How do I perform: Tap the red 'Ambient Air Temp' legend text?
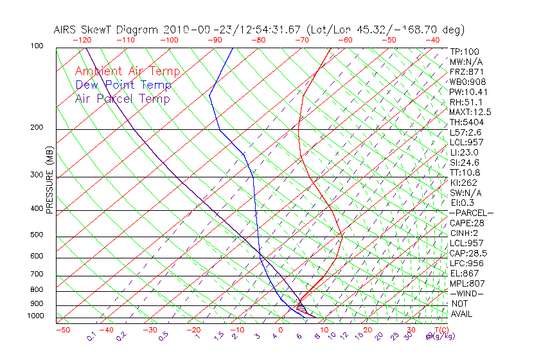[127, 71]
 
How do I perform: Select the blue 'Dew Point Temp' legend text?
[123, 85]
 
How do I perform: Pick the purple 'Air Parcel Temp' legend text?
[122, 98]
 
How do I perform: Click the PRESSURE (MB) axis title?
[49, 181]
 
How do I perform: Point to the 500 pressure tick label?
[36, 235]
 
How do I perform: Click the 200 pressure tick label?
[36, 128]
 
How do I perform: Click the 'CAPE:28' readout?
[466, 223]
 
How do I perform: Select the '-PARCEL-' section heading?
[471, 213]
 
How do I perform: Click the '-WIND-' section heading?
[466, 293]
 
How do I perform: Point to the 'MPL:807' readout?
[466, 283]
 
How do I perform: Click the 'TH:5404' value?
[466, 122]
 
